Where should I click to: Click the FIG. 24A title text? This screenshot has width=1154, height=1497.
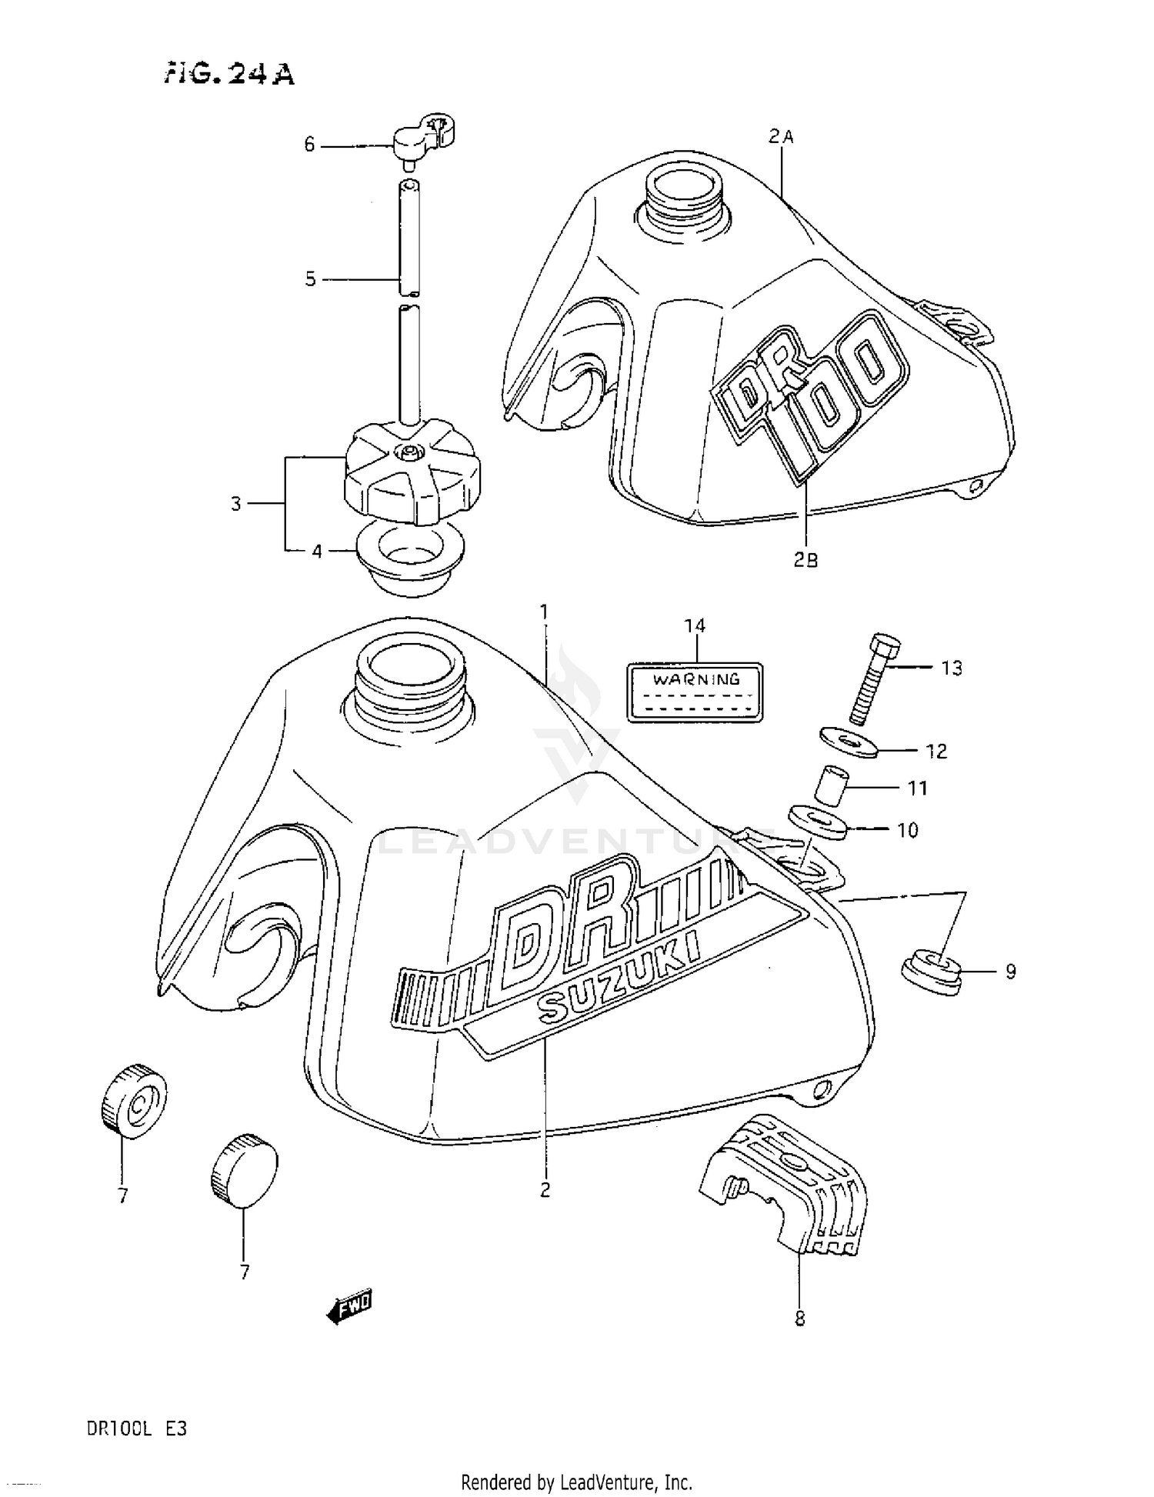pyautogui.click(x=228, y=74)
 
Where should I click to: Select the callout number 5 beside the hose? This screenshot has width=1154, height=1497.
pyautogui.click(x=310, y=279)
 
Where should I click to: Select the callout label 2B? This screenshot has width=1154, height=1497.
pyautogui.click(x=805, y=560)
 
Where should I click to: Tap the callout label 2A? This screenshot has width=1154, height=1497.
pyautogui.click(x=780, y=137)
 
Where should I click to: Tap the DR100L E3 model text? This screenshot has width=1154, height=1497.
pyautogui.click(x=136, y=1429)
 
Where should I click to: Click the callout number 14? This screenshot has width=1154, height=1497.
pyautogui.click(x=695, y=625)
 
